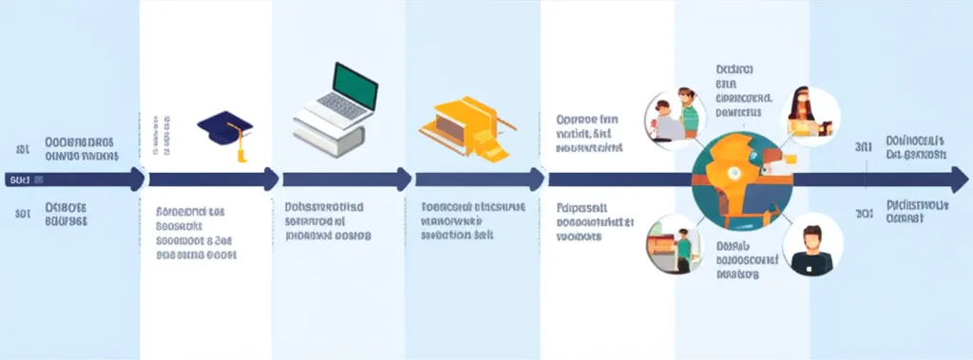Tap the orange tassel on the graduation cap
(241, 149)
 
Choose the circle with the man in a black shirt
(810, 243)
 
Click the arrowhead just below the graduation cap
(272, 179)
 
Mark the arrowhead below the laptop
(405, 179)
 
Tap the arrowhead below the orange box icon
(538, 179)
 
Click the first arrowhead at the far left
(139, 179)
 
